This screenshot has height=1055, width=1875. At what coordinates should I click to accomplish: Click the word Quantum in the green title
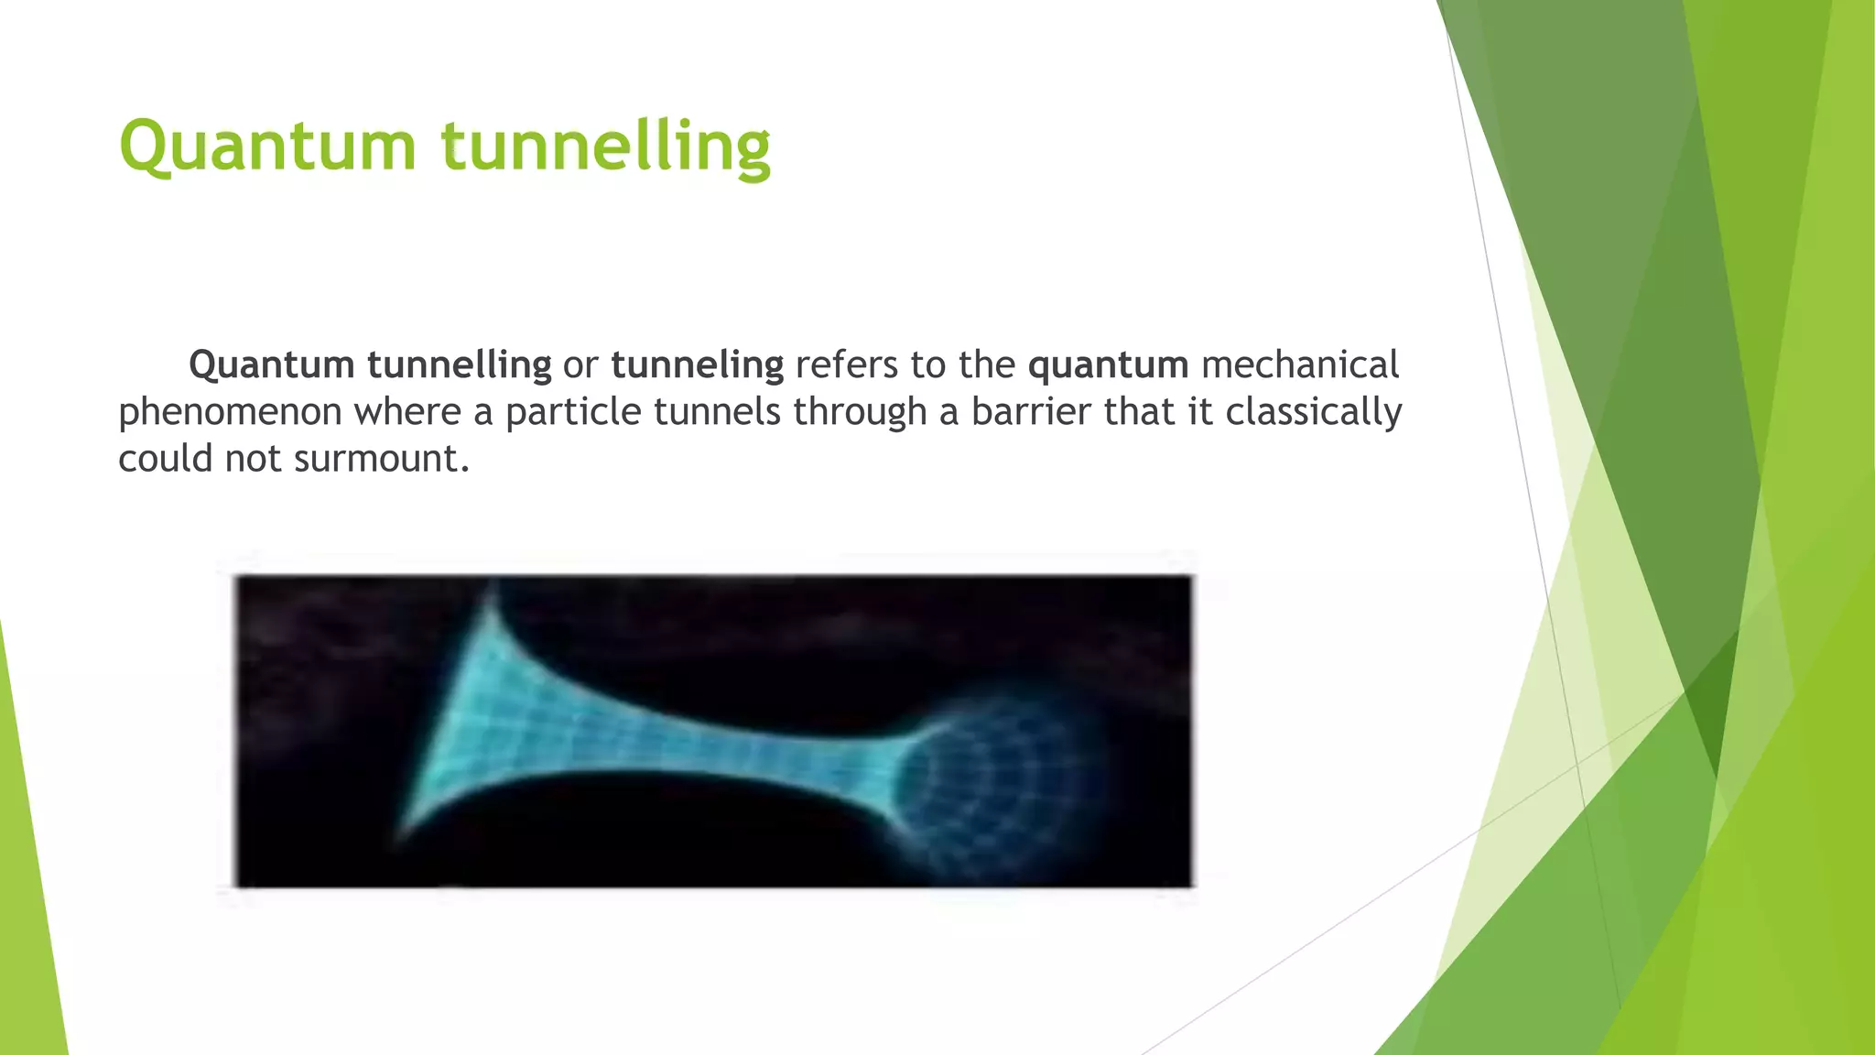pyautogui.click(x=267, y=147)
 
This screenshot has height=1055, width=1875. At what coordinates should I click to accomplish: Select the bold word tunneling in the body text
pyautogui.click(x=697, y=365)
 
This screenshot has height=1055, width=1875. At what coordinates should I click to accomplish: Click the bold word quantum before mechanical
pyautogui.click(x=1108, y=365)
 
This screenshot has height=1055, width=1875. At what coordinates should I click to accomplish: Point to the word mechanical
pyautogui.click(x=1300, y=365)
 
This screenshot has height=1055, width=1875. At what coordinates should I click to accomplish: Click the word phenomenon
pyautogui.click(x=230, y=412)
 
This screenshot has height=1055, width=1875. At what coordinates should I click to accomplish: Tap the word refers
pyautogui.click(x=847, y=365)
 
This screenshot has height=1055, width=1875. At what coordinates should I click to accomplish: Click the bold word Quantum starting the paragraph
pyautogui.click(x=272, y=365)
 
